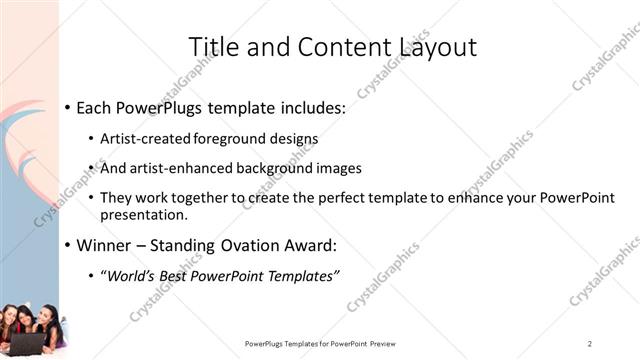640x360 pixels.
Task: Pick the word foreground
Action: pyautogui.click(x=239, y=138)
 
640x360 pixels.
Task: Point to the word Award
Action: pyautogui.click(x=309, y=245)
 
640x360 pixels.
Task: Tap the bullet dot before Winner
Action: pyautogui.click(x=67, y=245)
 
